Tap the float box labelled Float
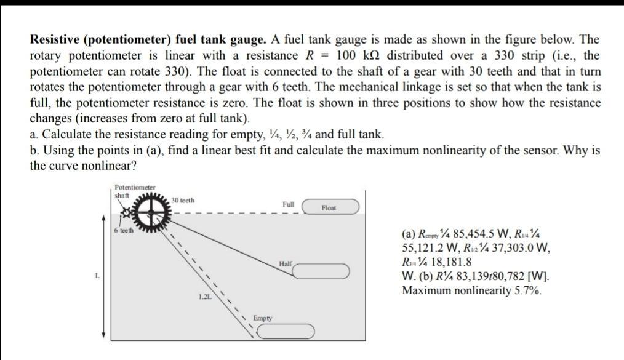click(x=329, y=209)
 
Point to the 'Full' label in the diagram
click(x=288, y=204)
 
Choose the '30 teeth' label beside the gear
click(x=183, y=201)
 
